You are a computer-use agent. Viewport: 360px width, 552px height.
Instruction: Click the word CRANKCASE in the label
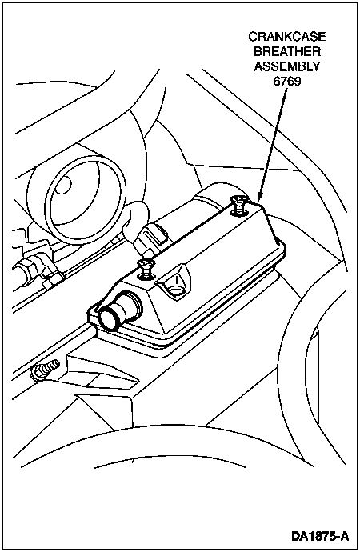pyautogui.click(x=287, y=37)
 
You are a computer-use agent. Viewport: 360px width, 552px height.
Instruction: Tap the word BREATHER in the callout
pyautogui.click(x=287, y=51)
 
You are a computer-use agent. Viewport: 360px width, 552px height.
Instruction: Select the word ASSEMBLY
pyautogui.click(x=287, y=66)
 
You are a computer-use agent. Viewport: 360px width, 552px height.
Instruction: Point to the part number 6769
pyautogui.click(x=287, y=82)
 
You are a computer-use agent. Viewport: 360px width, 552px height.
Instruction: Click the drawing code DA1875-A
pyautogui.click(x=320, y=536)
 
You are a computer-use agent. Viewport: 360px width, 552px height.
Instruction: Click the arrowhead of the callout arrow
pyautogui.click(x=260, y=196)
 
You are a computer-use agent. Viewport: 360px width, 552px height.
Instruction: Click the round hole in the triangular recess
pyautogui.click(x=175, y=290)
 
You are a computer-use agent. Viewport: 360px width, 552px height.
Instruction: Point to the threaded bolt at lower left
pyautogui.click(x=44, y=370)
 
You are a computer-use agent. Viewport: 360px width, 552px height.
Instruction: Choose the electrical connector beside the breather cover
pyautogui.click(x=150, y=238)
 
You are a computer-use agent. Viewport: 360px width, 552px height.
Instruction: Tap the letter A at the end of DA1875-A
pyautogui.click(x=346, y=536)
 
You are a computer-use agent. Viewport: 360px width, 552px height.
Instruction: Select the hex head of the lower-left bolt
pyautogui.click(x=37, y=373)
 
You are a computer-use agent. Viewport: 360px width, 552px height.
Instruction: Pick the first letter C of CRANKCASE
pyautogui.click(x=253, y=37)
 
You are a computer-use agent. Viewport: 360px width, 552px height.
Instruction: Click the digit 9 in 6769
pyautogui.click(x=298, y=82)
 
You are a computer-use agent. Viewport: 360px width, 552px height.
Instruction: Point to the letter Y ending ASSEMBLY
pyautogui.click(x=316, y=66)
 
